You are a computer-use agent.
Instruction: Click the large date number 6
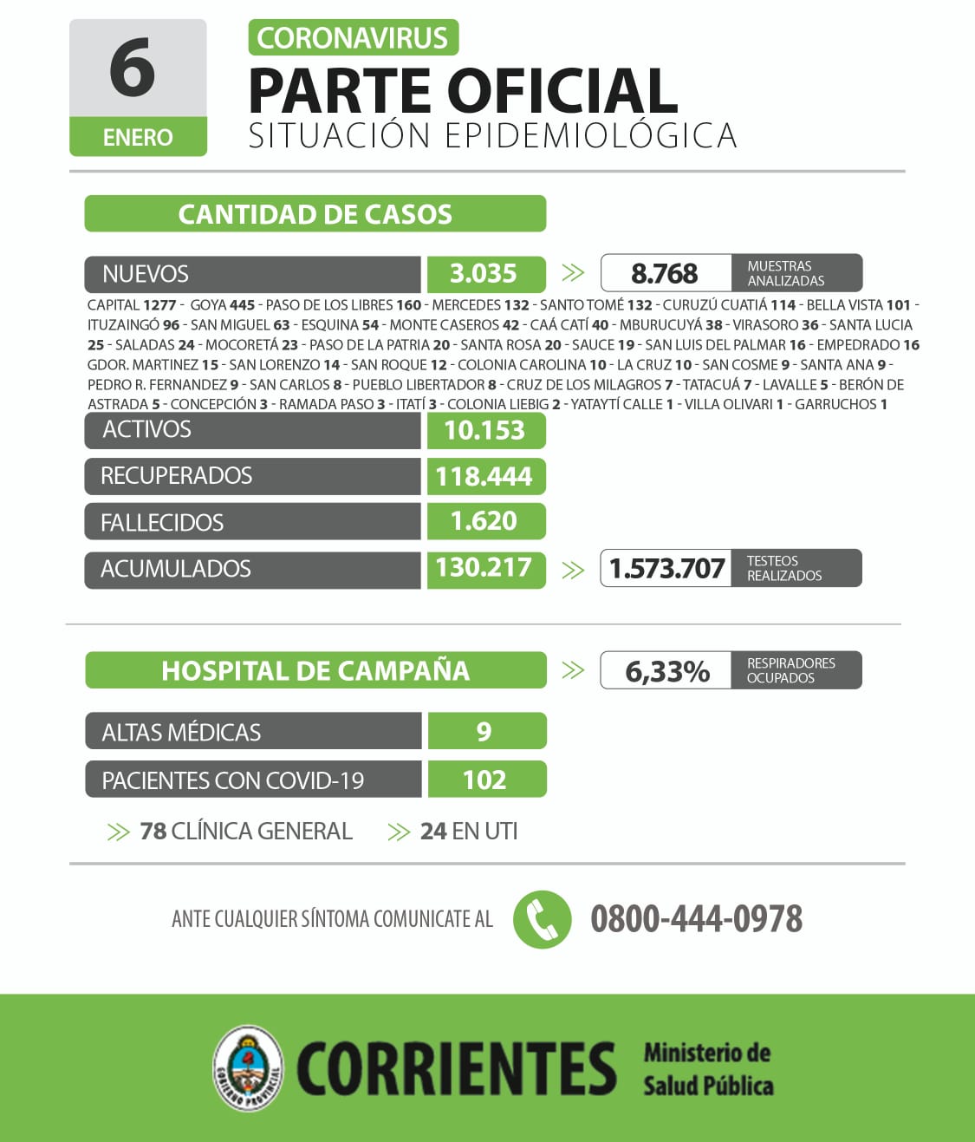(x=133, y=69)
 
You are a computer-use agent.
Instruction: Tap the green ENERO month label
(x=138, y=137)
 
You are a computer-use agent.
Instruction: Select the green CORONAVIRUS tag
(x=353, y=38)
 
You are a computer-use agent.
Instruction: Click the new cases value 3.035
(x=484, y=274)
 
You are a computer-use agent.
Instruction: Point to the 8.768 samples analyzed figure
(x=664, y=274)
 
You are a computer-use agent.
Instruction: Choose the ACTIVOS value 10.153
(x=484, y=430)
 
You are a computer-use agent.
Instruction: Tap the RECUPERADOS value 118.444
(x=484, y=476)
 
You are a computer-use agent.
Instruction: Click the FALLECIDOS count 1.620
(x=484, y=521)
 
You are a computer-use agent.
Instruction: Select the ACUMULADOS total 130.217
(x=484, y=568)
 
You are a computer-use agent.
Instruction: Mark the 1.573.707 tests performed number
(x=666, y=569)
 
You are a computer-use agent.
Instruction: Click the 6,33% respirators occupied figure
(x=666, y=671)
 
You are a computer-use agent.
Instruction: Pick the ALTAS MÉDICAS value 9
(x=484, y=732)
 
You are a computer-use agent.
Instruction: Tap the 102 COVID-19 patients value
(x=484, y=780)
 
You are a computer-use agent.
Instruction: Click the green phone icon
(x=543, y=919)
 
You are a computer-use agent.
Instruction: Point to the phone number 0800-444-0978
(x=697, y=919)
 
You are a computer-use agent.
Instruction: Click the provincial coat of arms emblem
(x=249, y=1067)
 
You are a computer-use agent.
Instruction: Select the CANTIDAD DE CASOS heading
(x=315, y=214)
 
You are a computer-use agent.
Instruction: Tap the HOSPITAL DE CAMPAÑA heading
(x=315, y=670)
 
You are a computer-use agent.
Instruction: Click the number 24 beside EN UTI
(x=433, y=832)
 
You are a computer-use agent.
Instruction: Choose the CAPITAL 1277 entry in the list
(x=132, y=305)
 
